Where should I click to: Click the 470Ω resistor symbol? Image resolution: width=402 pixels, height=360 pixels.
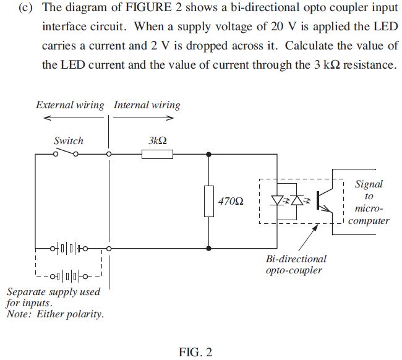pos(209,201)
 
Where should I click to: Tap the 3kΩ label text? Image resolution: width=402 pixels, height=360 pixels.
pos(158,141)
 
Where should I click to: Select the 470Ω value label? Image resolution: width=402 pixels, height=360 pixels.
pos(231,202)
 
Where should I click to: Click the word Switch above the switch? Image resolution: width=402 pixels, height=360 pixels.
pos(68,140)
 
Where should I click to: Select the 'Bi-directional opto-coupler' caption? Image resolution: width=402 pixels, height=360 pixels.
pos(296,265)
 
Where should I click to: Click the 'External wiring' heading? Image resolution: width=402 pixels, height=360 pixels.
pos(70,105)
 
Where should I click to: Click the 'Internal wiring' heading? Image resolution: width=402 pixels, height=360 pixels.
pos(147,105)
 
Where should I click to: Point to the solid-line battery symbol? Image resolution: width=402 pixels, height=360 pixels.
pos(69,249)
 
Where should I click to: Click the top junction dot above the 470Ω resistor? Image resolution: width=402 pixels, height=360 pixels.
pos(209,155)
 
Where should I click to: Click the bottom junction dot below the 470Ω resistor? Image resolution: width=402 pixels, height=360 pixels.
pos(209,249)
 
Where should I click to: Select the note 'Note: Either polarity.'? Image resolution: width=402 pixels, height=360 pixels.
pos(55,314)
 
